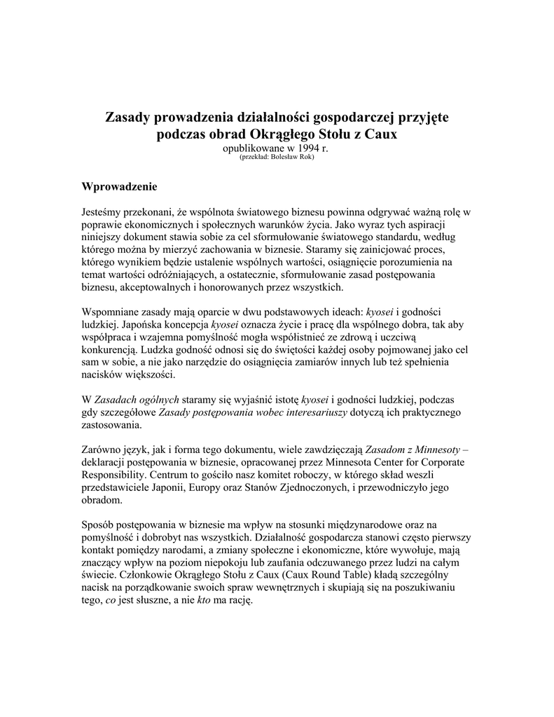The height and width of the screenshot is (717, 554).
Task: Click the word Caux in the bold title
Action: (x=380, y=134)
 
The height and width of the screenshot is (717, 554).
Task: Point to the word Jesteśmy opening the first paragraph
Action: (x=104, y=212)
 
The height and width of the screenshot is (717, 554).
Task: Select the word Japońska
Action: (x=144, y=324)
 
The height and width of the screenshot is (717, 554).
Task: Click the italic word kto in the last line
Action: (x=205, y=600)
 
